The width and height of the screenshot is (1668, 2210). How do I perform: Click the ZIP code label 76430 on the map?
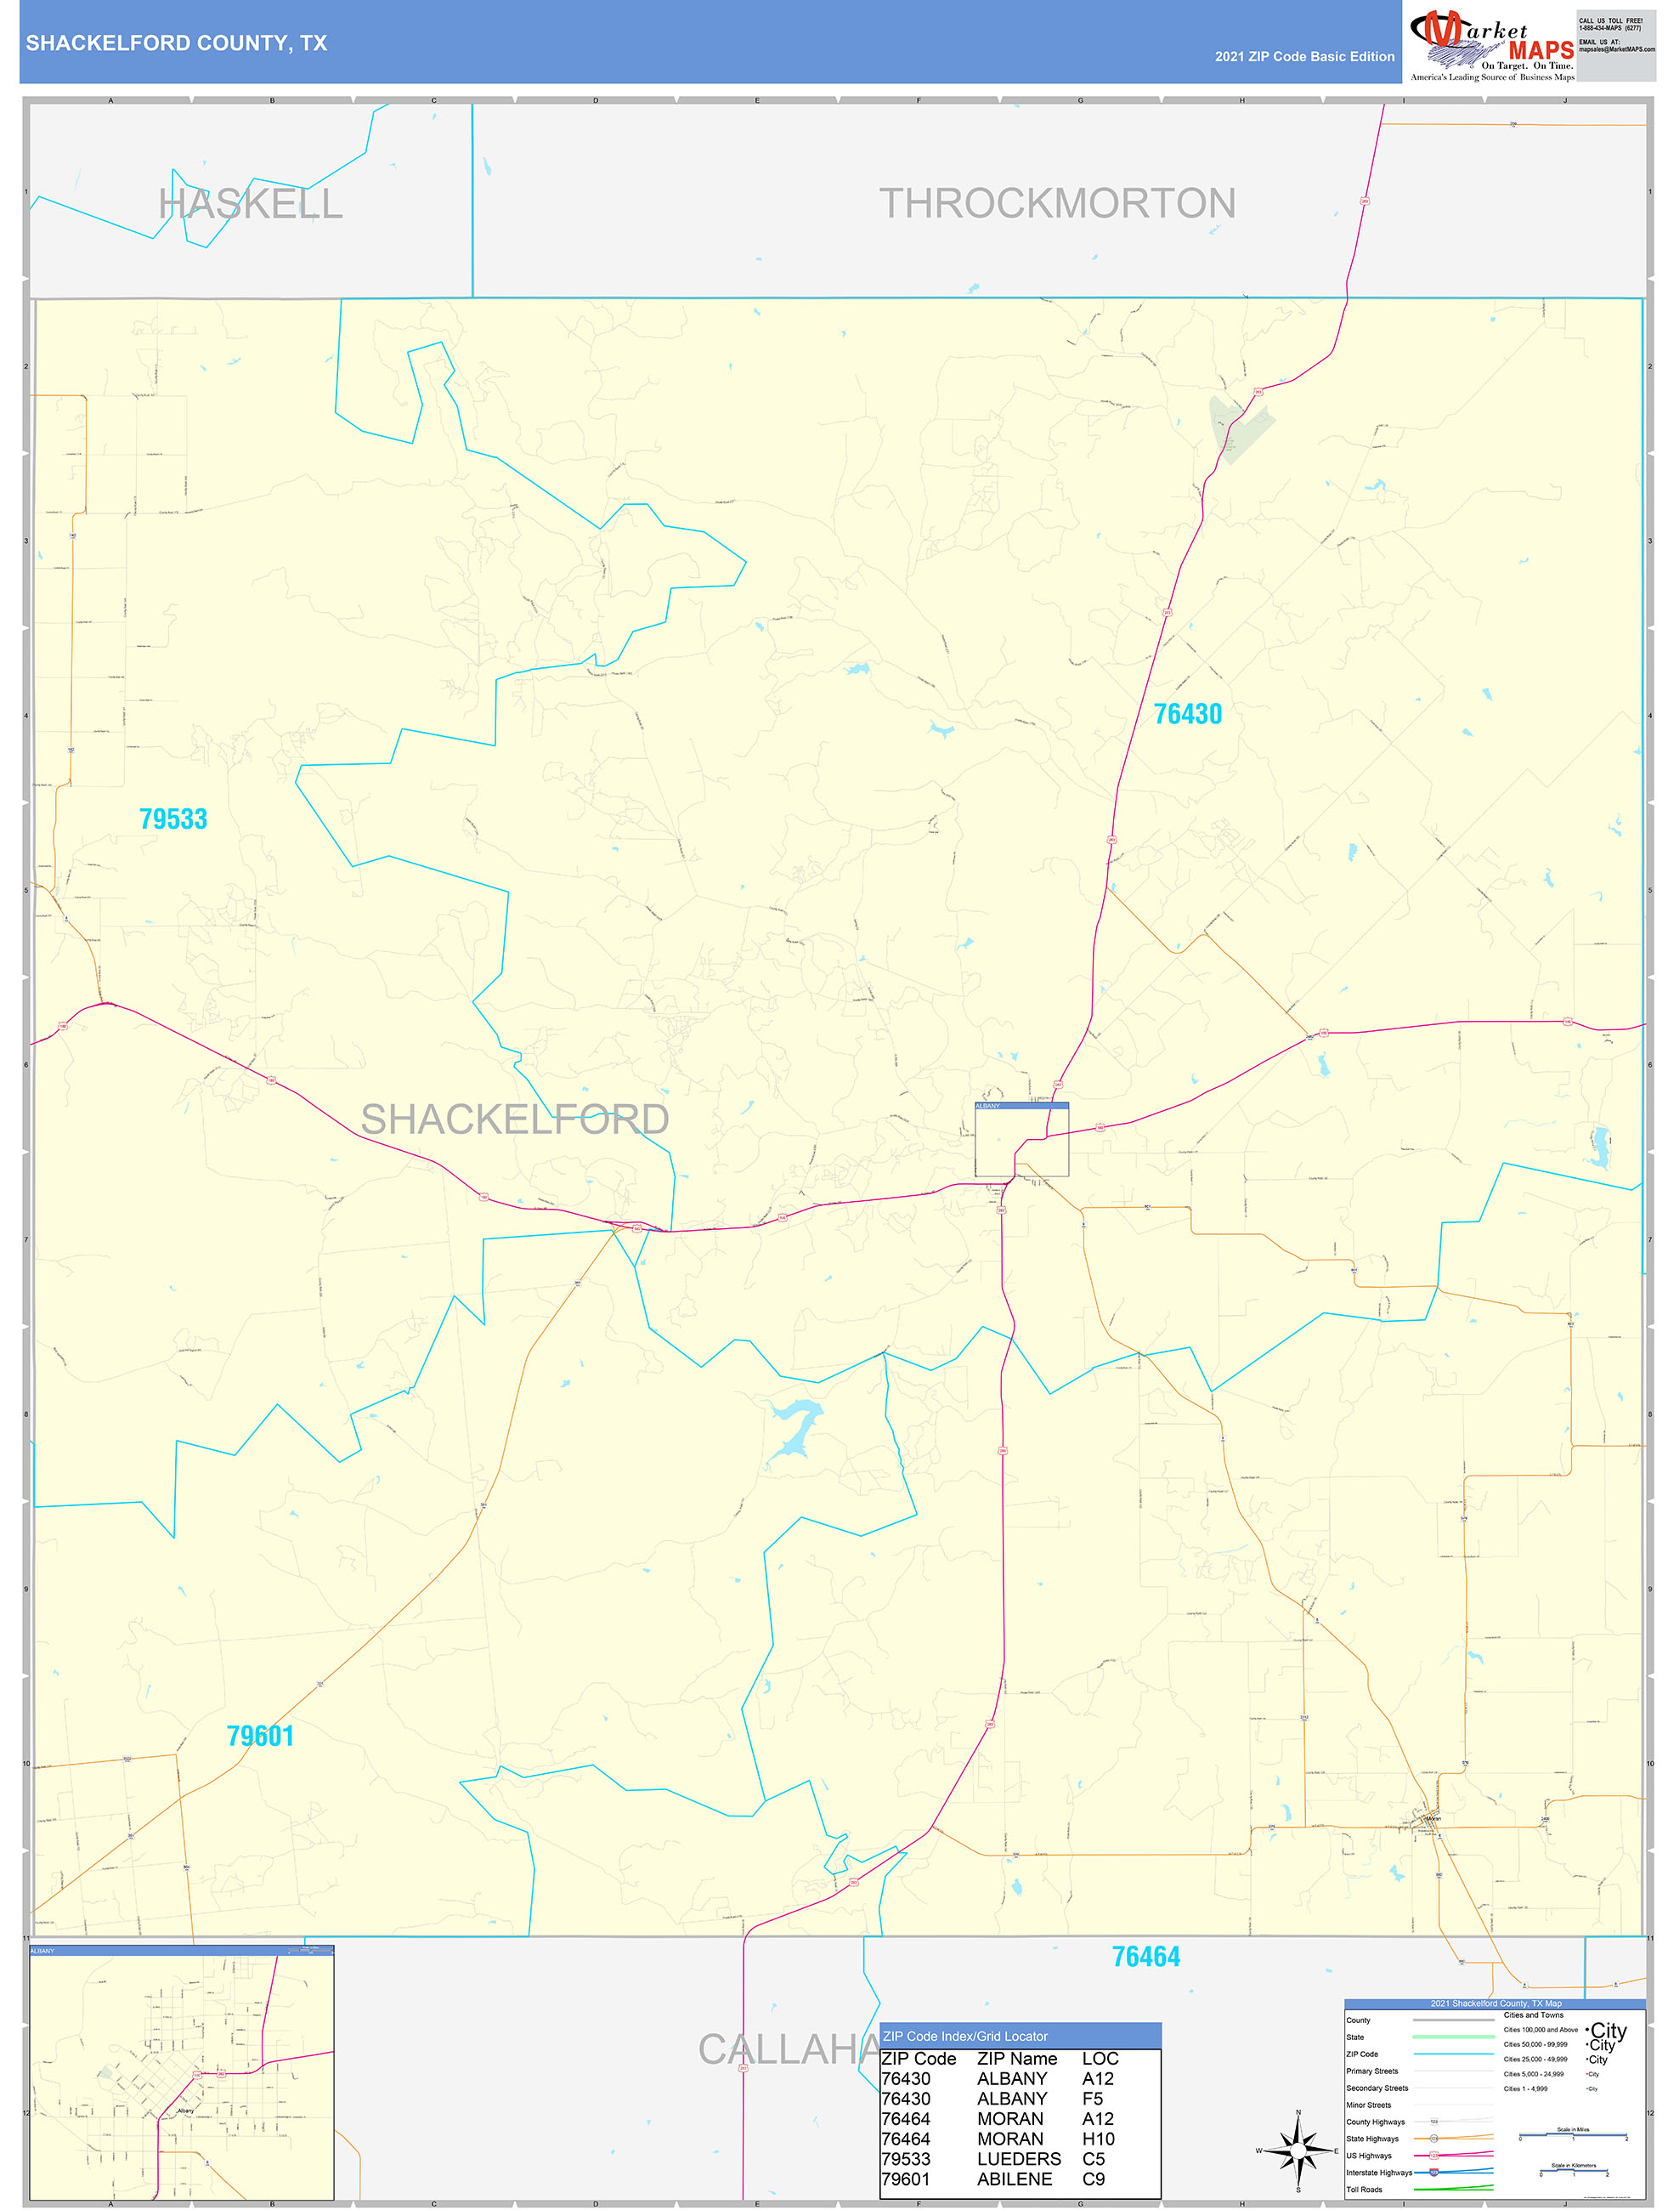1188,714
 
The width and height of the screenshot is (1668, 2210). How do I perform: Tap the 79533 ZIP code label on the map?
174,819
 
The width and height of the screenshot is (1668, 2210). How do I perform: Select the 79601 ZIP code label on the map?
261,1736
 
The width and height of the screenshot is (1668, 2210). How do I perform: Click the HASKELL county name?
251,204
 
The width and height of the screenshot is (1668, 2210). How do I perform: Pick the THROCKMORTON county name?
1057,204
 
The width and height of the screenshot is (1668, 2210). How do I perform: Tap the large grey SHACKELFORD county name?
514,1119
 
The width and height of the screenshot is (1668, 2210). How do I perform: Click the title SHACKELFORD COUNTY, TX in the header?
177,43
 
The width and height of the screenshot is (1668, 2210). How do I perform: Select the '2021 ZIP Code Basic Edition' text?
1303,57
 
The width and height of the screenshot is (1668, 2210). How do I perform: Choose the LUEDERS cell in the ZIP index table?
1019,2159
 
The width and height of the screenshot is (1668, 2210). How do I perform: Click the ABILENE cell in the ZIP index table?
1014,2179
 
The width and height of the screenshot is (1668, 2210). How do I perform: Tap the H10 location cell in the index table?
1098,2139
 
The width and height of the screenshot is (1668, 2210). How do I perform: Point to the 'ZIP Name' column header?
1017,2058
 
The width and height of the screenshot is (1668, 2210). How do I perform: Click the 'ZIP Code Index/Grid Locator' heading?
964,2036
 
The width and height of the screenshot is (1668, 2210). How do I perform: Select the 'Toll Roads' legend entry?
1365,2189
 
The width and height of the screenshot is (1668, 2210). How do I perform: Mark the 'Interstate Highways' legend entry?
1379,2172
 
